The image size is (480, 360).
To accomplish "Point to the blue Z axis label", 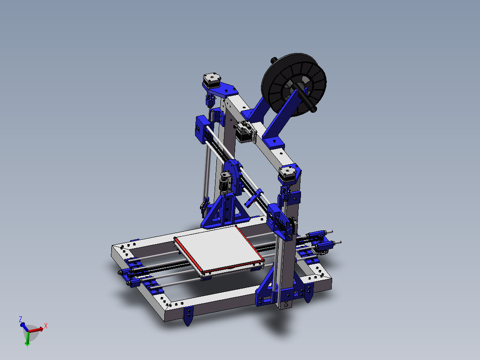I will pyautogui.click(x=20, y=319).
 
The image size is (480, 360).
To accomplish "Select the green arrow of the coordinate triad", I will pyautogui.click(x=28, y=339).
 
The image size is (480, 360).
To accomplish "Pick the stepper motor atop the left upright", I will pyautogui.click(x=211, y=81).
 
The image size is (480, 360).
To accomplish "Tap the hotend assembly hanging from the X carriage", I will pyautogui.click(x=224, y=182).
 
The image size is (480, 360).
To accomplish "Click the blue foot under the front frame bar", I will pyautogui.click(x=189, y=315).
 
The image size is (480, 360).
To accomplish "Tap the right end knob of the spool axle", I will pyautogui.click(x=314, y=109).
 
